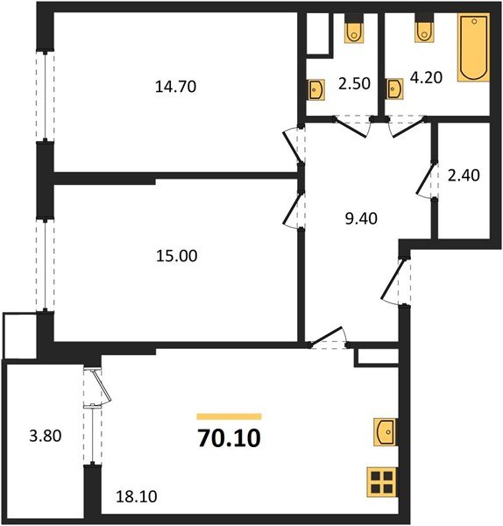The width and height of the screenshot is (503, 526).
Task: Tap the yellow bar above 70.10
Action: tap(229, 416)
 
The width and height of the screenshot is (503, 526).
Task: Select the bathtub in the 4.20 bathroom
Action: tap(472, 48)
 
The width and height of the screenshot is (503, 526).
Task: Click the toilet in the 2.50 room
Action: tap(354, 32)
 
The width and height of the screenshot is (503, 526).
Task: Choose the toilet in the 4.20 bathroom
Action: tap(423, 32)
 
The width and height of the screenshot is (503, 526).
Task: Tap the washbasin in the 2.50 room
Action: tap(315, 89)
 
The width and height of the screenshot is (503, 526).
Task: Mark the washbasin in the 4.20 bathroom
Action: tap(395, 88)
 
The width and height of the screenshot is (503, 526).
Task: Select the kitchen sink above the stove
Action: tap(383, 432)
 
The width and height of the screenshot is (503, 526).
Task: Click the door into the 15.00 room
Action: tap(294, 210)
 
